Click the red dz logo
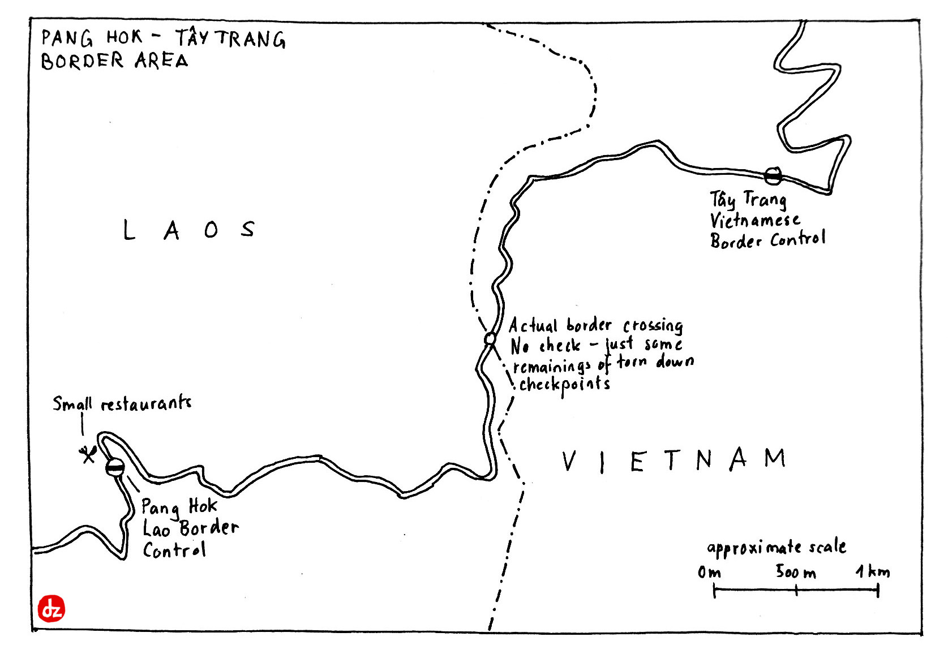(52, 609)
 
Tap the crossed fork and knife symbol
(87, 454)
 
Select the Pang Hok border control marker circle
(114, 467)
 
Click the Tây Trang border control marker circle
(773, 176)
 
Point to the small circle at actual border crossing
(490, 338)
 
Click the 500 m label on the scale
(795, 572)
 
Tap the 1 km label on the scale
(872, 571)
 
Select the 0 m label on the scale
(709, 573)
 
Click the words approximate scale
(776, 548)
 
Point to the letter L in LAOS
(129, 230)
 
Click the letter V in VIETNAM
(569, 461)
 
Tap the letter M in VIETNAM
(775, 458)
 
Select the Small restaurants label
(122, 403)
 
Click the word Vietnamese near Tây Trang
(754, 221)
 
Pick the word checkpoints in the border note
(564, 385)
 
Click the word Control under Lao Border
(174, 550)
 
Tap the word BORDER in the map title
(82, 61)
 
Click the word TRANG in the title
(251, 39)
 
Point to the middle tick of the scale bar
(796, 591)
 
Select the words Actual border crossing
(595, 326)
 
